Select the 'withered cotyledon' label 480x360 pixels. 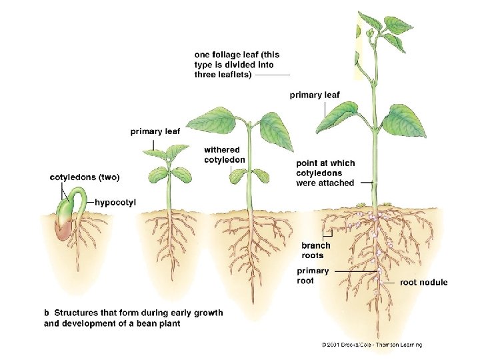[x=224, y=155]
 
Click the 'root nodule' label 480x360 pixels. [x=423, y=283]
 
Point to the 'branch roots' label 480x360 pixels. [x=315, y=250]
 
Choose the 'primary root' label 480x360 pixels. [x=313, y=275]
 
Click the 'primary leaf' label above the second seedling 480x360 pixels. [x=155, y=131]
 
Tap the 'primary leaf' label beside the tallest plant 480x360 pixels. [x=314, y=95]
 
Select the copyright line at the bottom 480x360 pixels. [x=371, y=345]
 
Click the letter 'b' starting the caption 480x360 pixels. [x=47, y=313]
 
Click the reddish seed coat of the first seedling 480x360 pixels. [x=63, y=231]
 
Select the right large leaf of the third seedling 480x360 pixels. [x=275, y=130]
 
